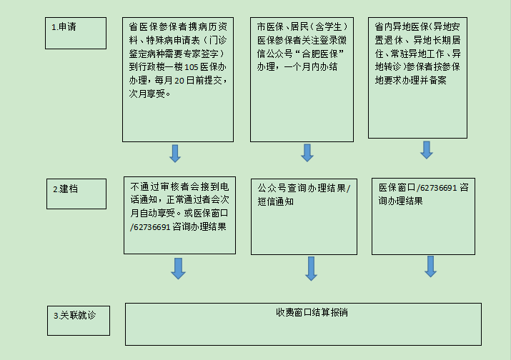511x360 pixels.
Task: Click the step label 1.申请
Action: click(64, 26)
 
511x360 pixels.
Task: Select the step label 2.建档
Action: click(66, 189)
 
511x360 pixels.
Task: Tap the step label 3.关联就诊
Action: click(74, 316)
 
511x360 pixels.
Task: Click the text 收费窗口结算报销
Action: click(312, 312)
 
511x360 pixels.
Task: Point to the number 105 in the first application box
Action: click(192, 67)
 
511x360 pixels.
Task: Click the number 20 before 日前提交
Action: click(179, 81)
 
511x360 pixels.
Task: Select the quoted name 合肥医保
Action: click(319, 54)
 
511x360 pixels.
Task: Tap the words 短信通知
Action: click(275, 201)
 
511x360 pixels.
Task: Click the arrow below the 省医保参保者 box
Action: click(175, 154)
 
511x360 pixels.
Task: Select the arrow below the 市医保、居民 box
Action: click(307, 153)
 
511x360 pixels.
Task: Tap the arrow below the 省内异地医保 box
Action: click(427, 150)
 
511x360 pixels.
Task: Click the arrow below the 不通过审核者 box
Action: click(178, 269)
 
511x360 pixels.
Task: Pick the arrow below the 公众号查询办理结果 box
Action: click(311, 269)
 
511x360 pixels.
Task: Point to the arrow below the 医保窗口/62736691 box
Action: click(430, 266)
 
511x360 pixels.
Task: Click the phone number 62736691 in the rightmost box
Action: click(438, 188)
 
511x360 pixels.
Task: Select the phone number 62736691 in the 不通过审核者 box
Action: click(152, 227)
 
